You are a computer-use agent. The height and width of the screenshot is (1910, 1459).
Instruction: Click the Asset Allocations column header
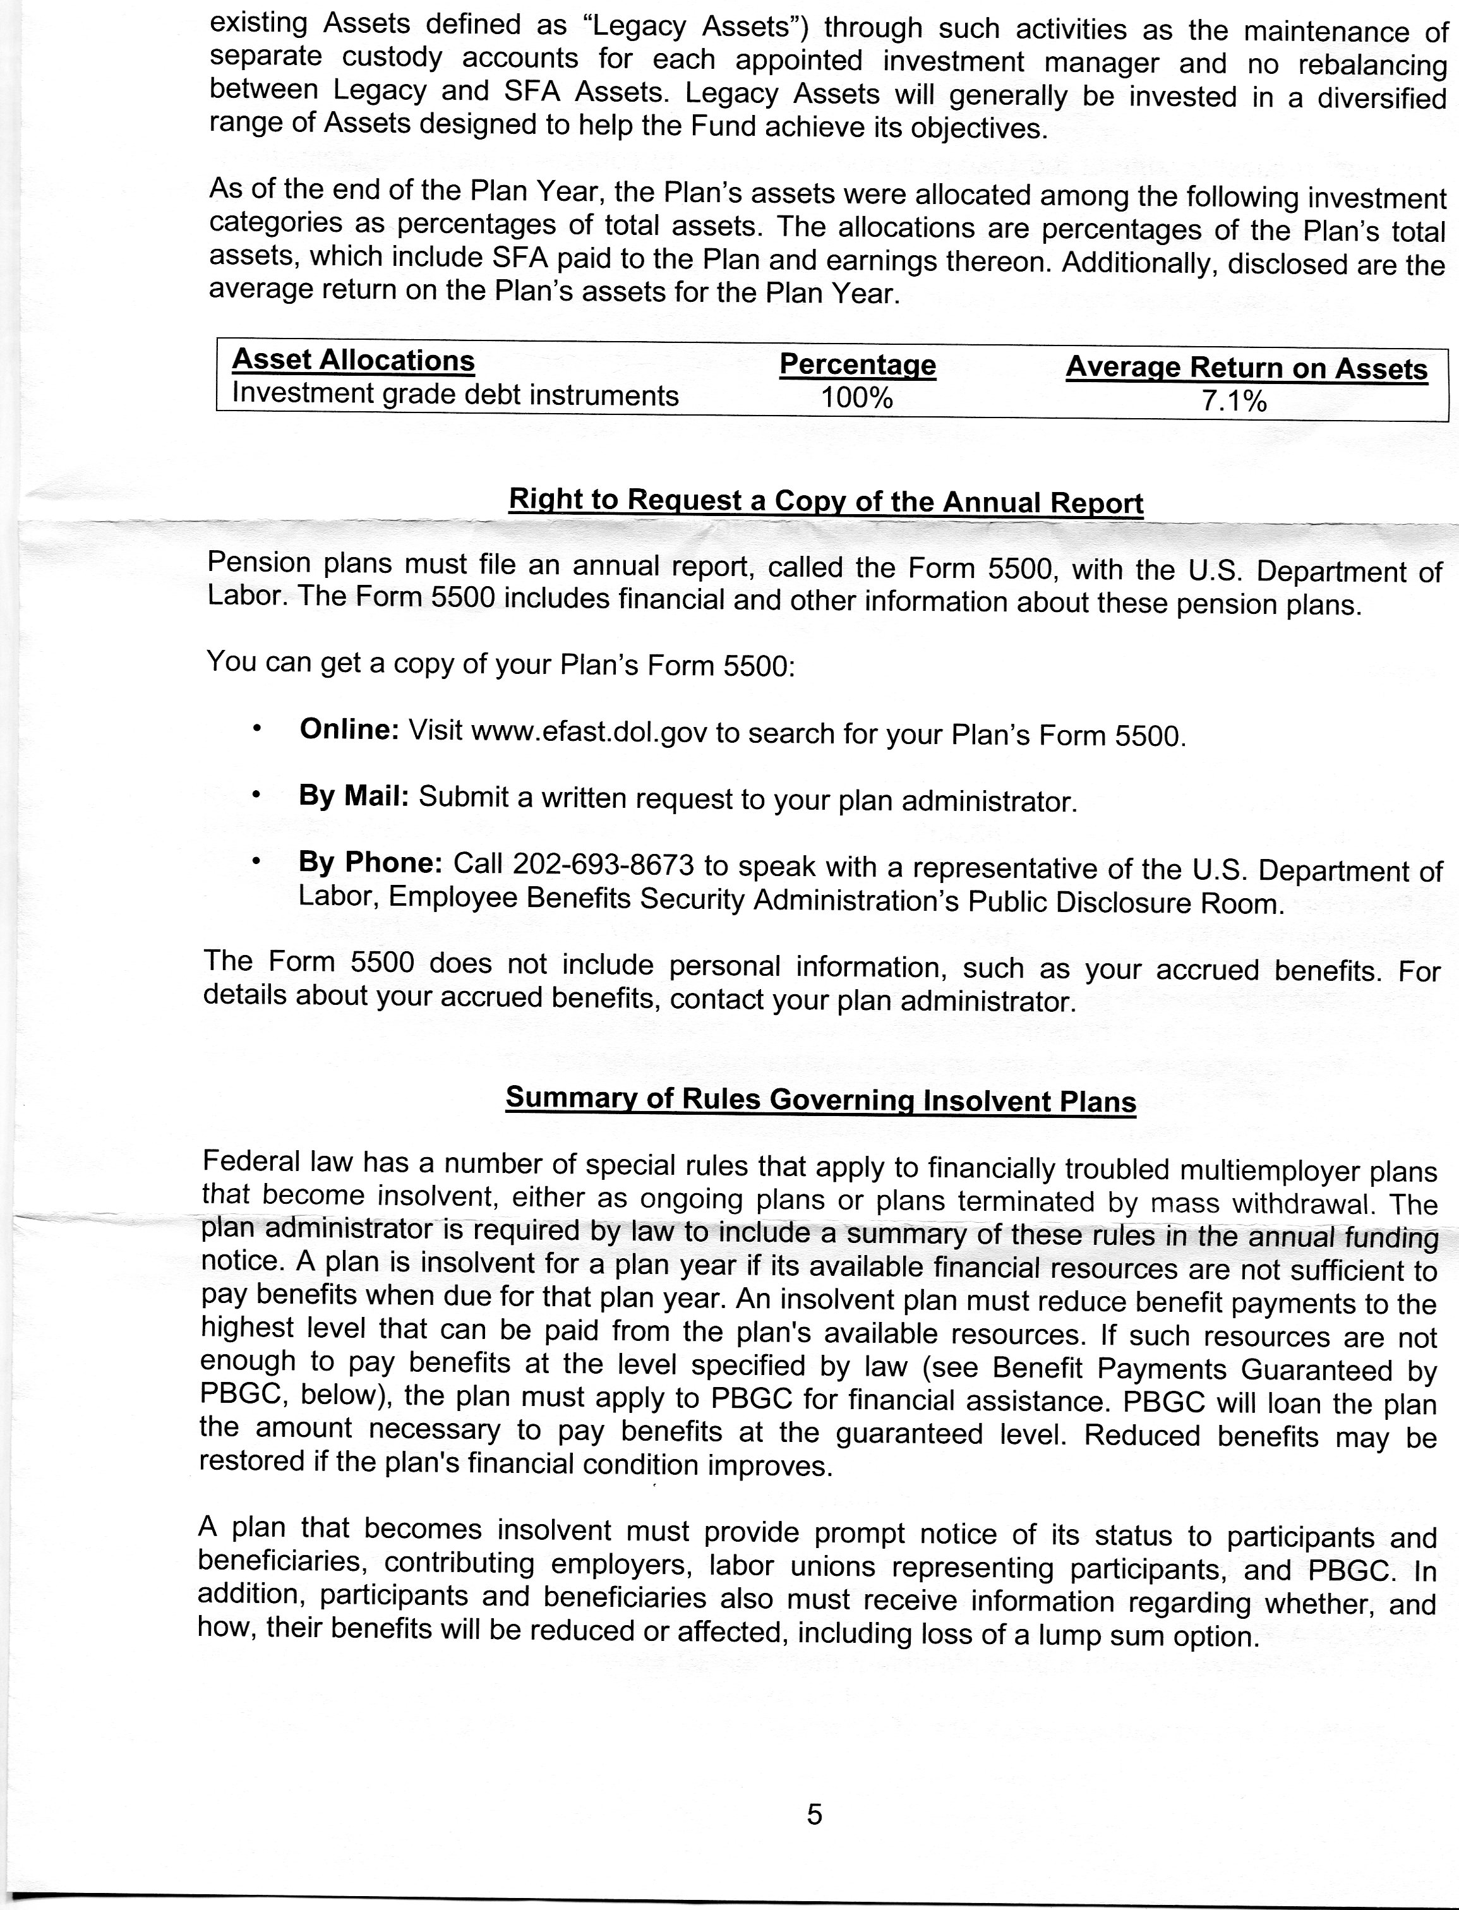(x=354, y=361)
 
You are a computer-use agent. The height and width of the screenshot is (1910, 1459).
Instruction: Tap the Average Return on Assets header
(x=1246, y=368)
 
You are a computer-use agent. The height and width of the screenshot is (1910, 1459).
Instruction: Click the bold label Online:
(x=348, y=730)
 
